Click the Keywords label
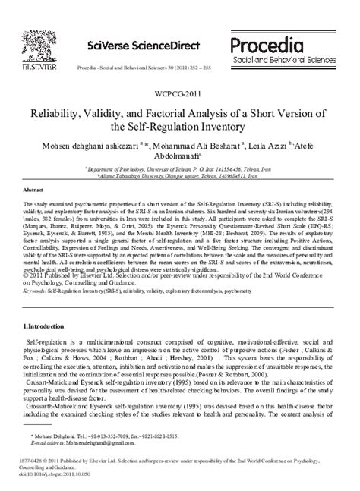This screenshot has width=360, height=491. click(36, 288)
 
